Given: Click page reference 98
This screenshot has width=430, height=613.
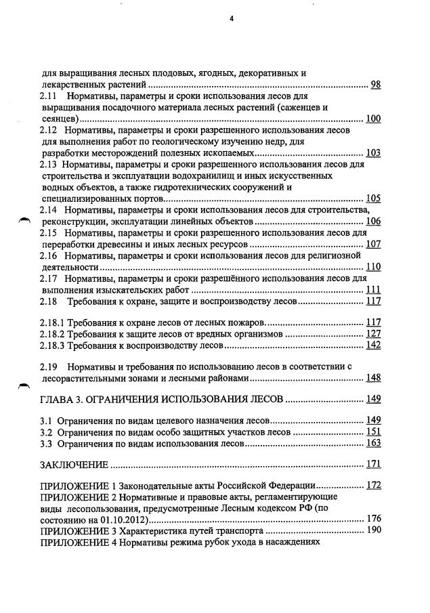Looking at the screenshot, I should pos(375,84).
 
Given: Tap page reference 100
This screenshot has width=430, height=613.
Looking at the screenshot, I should pos(372,119).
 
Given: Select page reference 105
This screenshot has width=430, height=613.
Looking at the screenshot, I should pos(372,198).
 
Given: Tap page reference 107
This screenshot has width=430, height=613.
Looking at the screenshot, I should pos(372,244).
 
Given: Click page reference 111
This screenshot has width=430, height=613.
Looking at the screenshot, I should pos(372,289).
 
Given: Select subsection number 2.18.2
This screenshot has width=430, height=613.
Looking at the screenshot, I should pos(54,334).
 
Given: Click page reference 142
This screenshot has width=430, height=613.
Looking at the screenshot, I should pos(372,345).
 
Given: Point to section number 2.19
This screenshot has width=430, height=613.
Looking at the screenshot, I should pos(49,366).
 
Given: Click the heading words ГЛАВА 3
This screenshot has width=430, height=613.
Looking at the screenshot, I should pos(64,399).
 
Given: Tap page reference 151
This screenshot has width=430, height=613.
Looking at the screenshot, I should pos(372,431).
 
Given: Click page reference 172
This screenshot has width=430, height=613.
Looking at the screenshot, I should pos(372,486).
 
